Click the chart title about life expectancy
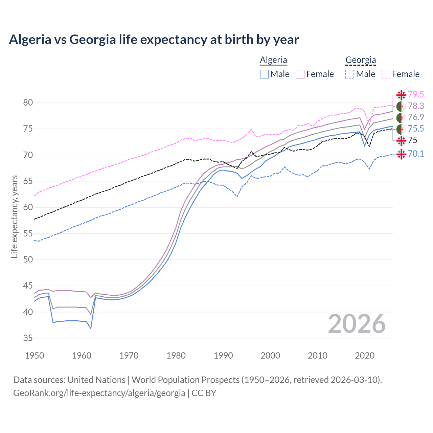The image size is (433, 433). (154, 40)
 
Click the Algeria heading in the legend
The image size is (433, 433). (273, 60)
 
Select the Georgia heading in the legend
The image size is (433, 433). (361, 60)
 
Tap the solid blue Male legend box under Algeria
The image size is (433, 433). (264, 74)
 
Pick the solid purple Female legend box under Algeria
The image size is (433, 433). (300, 74)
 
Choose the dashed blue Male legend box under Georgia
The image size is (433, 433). (350, 74)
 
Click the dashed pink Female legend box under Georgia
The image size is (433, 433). (386, 74)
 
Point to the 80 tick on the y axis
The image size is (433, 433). (28, 102)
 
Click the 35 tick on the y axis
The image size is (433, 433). (28, 338)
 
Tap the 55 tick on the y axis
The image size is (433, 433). (28, 233)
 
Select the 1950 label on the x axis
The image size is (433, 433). (35, 356)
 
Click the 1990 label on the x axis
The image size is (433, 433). (223, 356)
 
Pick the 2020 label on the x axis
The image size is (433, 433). (365, 356)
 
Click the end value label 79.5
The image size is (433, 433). (416, 95)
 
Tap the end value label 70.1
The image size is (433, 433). (416, 154)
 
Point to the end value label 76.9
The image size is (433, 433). (416, 117)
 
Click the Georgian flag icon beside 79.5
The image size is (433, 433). (401, 95)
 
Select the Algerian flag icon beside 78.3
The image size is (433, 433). (401, 106)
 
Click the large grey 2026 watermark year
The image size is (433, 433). (357, 324)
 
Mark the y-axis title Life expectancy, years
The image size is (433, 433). (14, 216)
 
